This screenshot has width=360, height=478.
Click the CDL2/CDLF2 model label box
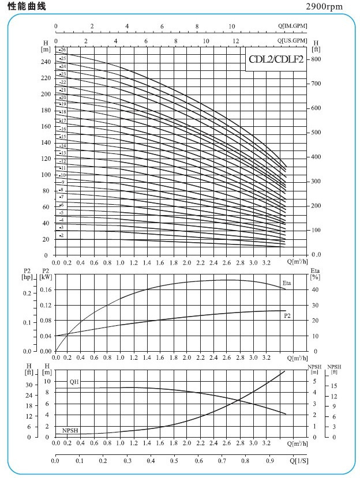point(276,59)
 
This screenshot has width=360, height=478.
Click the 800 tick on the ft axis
point(317,59)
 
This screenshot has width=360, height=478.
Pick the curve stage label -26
point(63,51)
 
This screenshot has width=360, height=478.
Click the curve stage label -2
point(61,236)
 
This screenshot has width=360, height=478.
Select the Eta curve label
point(287,283)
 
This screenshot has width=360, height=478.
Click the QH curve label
point(74,382)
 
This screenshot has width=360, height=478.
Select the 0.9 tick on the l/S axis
point(271,461)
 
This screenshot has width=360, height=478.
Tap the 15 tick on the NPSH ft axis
point(334,386)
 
